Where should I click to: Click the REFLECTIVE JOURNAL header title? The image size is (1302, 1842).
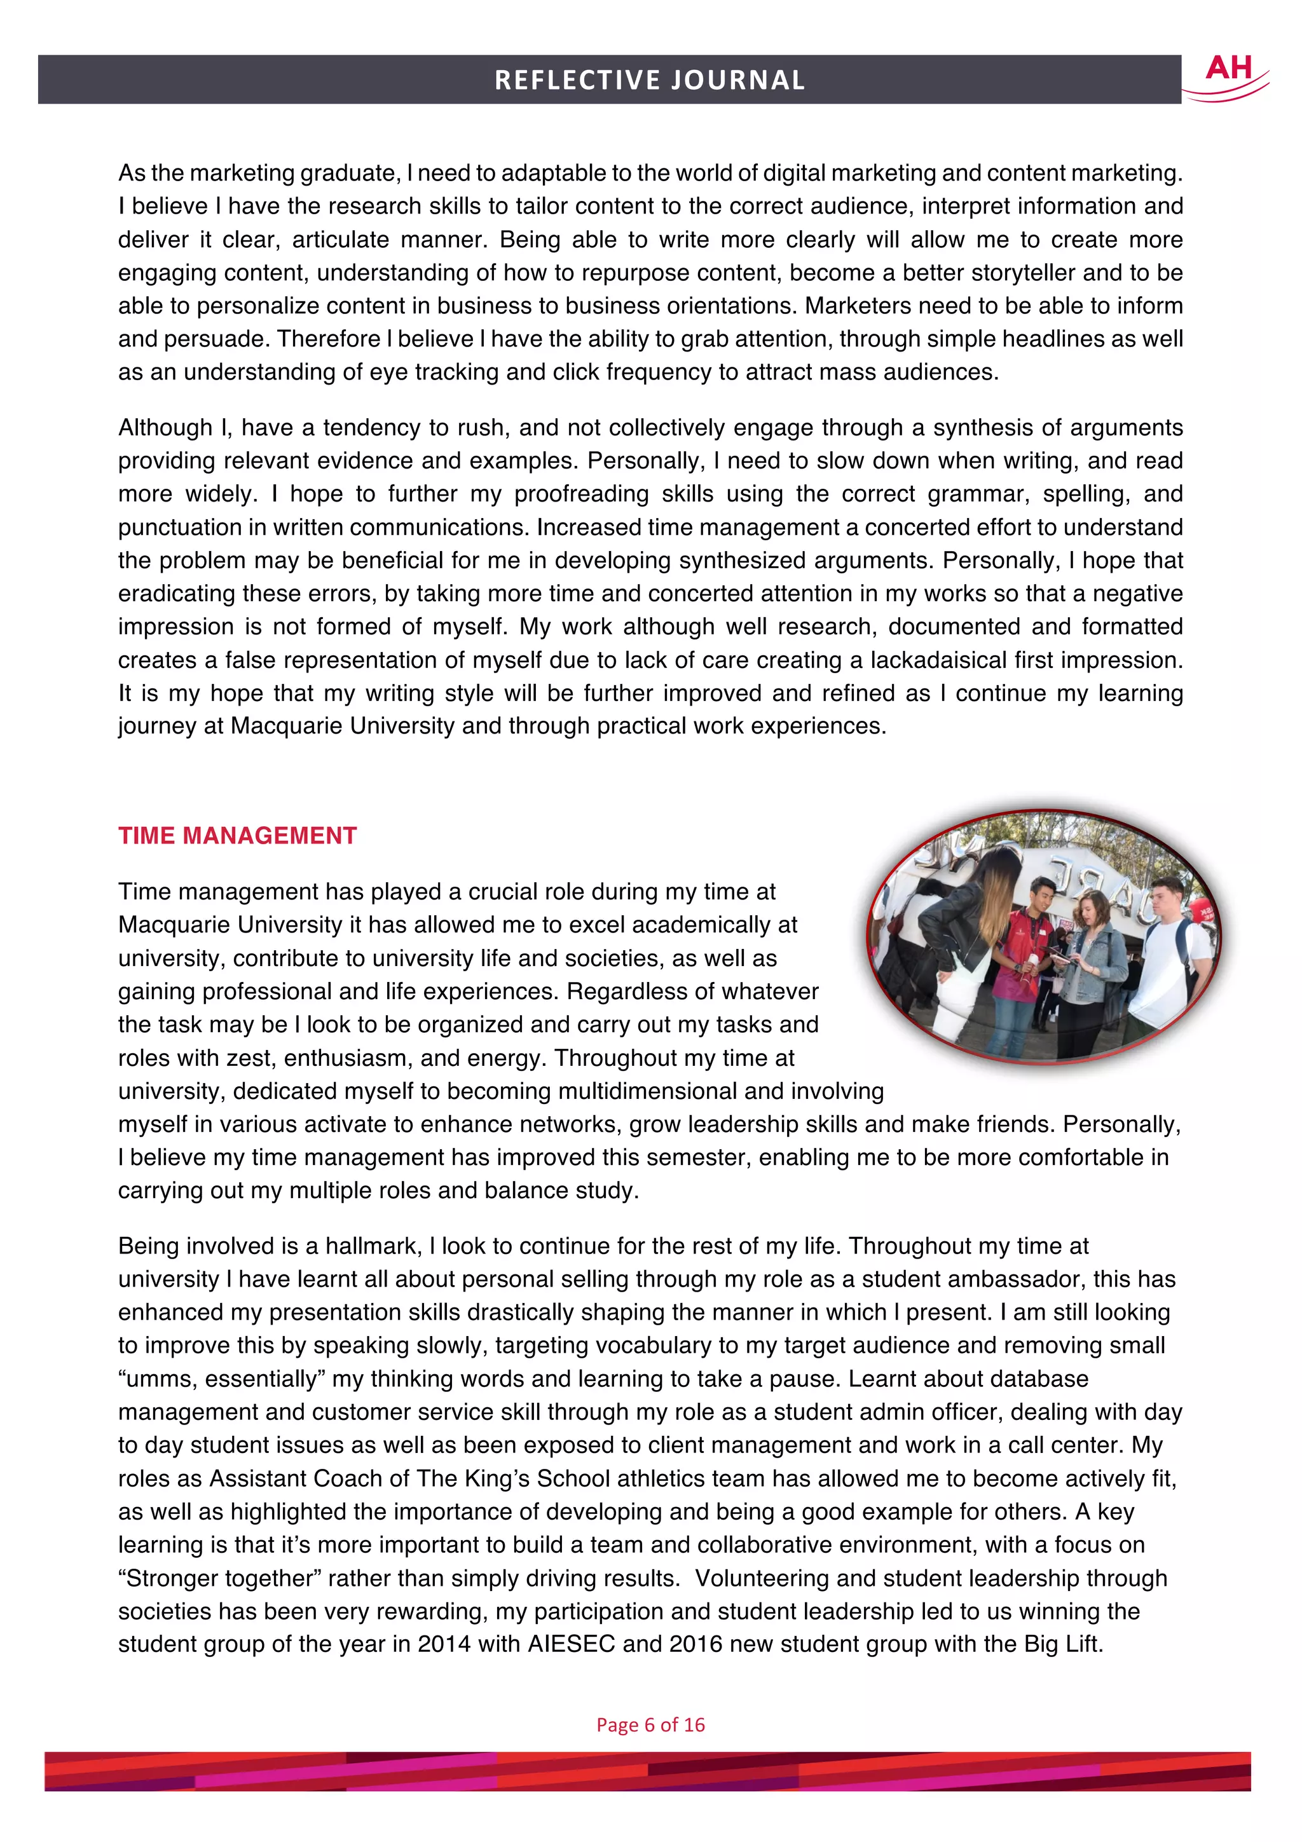click(x=649, y=80)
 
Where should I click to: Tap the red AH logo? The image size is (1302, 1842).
click(x=1228, y=71)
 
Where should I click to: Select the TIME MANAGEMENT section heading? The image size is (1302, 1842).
click(x=238, y=835)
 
